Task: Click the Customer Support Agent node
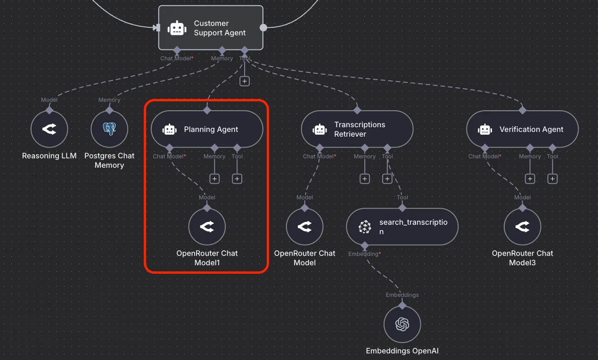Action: (211, 28)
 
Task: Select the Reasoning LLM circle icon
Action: (49, 129)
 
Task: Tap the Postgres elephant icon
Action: (109, 129)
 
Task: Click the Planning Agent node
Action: (207, 129)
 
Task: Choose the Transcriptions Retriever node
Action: (357, 129)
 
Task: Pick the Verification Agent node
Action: (523, 129)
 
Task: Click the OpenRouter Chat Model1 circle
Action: (207, 227)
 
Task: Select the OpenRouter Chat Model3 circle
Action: (523, 227)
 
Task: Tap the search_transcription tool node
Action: (402, 227)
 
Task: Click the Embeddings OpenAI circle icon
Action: (402, 324)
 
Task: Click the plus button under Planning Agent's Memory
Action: (214, 179)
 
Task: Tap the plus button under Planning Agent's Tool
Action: (237, 179)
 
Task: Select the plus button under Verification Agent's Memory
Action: (530, 179)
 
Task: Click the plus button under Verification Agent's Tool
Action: (552, 179)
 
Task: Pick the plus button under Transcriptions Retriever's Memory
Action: (365, 179)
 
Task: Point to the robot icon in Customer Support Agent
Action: (177, 28)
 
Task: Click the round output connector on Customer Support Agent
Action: (263, 28)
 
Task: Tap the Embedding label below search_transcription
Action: (363, 254)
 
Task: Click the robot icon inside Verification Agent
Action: (485, 130)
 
